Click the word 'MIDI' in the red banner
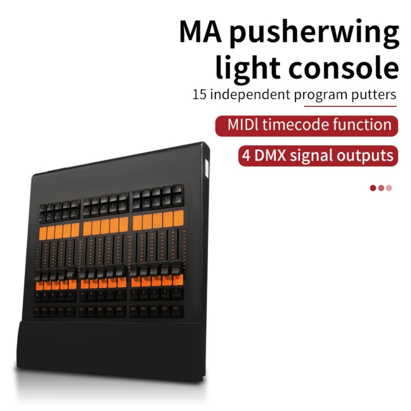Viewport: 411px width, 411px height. (243, 125)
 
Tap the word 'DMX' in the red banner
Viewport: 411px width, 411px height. (270, 155)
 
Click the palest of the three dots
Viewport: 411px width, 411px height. (389, 188)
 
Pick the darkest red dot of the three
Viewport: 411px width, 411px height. (373, 188)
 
